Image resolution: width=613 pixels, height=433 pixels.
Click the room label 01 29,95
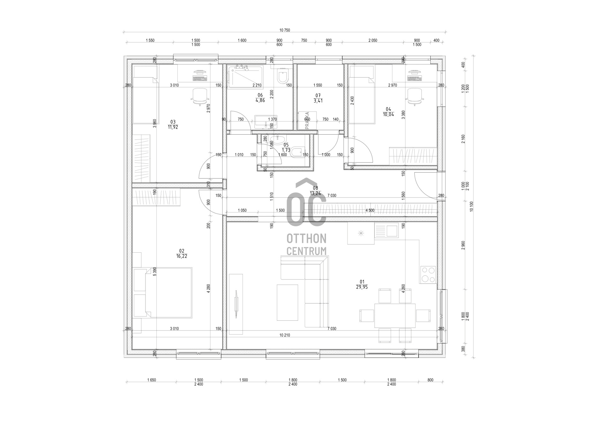pyautogui.click(x=362, y=284)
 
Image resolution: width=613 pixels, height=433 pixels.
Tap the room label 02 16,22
pyautogui.click(x=182, y=253)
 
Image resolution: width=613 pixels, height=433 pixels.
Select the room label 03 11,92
pyautogui.click(x=173, y=124)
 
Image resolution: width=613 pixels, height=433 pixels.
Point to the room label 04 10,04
pyautogui.click(x=388, y=112)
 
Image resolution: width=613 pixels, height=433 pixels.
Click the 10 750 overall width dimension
pyautogui.click(x=284, y=30)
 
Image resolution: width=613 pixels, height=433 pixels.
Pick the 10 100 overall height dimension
pyautogui.click(x=472, y=206)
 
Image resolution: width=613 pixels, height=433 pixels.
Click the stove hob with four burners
pyautogui.click(x=428, y=275)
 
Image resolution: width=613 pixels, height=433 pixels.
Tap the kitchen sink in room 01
pyautogui.click(x=387, y=230)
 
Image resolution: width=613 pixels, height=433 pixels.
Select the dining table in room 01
pyautogui.click(x=395, y=316)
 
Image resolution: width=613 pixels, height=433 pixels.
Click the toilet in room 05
pyautogui.click(x=298, y=153)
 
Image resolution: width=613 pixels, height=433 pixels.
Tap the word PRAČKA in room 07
pyautogui.click(x=307, y=120)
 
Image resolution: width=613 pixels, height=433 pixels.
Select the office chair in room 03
pyautogui.click(x=200, y=96)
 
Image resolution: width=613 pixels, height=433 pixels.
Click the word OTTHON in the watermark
pyautogui.click(x=306, y=238)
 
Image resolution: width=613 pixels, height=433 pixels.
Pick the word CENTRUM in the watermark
pyautogui.click(x=306, y=251)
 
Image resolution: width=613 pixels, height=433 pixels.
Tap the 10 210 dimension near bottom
pyautogui.click(x=284, y=335)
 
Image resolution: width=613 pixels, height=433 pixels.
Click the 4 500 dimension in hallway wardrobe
pyautogui.click(x=370, y=210)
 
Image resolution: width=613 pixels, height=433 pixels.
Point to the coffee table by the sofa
pyautogui.click(x=287, y=302)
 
